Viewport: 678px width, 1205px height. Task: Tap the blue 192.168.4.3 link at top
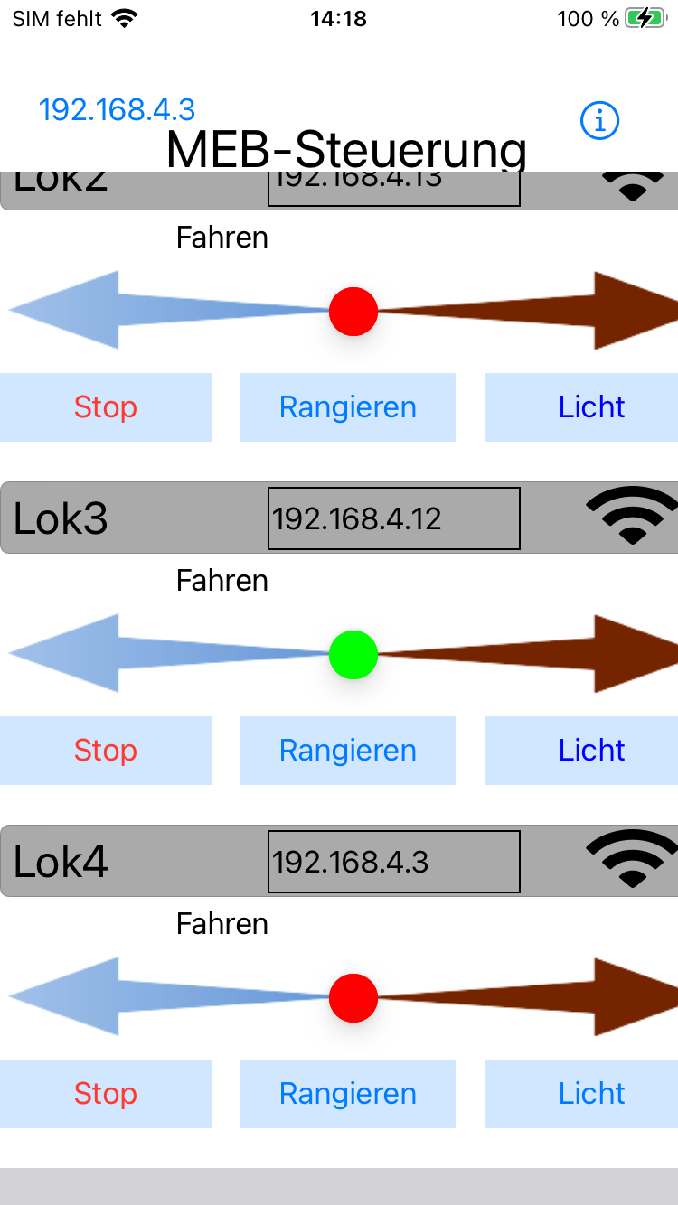[x=117, y=109]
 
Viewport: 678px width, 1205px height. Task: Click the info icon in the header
[x=599, y=120]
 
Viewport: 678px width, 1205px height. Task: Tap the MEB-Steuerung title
[x=346, y=149]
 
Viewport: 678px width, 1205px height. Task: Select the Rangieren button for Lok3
[x=348, y=751]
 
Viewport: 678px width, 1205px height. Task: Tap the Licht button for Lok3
[x=591, y=751]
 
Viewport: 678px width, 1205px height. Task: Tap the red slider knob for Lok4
[x=353, y=998]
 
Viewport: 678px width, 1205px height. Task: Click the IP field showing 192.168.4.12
[x=393, y=518]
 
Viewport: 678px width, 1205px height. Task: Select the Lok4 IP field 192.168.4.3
[x=393, y=862]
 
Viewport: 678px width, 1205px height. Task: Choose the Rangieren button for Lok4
[x=348, y=1094]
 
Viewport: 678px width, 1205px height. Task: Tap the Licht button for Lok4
[x=591, y=1094]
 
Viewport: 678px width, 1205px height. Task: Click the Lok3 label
[x=61, y=518]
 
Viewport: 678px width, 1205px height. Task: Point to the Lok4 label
[x=61, y=862]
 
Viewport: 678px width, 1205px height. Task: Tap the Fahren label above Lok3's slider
[x=222, y=580]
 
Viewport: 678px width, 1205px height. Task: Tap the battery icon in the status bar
[x=645, y=18]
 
